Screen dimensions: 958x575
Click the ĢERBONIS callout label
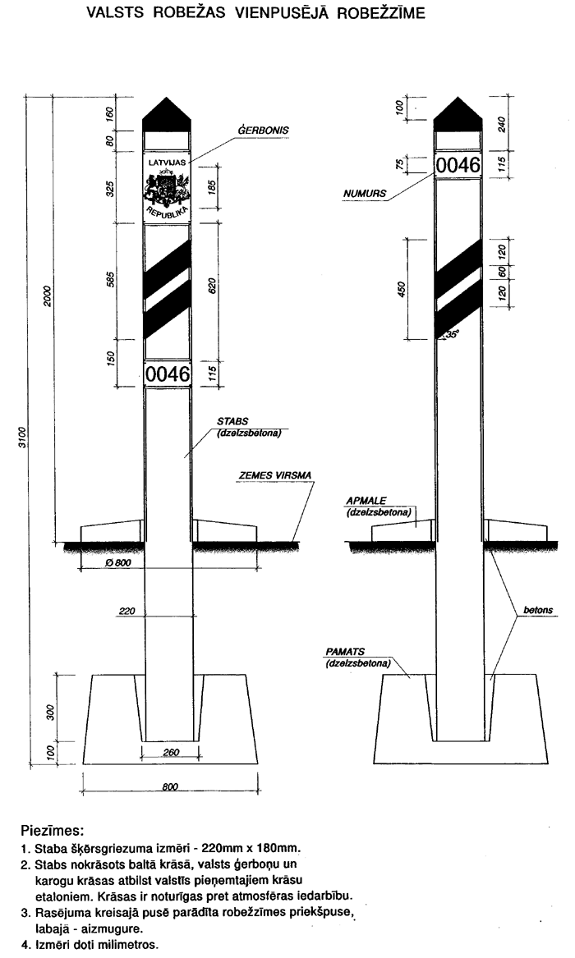[264, 130]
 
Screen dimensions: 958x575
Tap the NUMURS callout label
[365, 195]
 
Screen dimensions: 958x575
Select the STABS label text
[232, 420]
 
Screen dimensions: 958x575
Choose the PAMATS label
[345, 652]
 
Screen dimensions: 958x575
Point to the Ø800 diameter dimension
[117, 563]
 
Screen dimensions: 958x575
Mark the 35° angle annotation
[449, 334]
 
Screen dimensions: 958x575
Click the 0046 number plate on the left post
[168, 375]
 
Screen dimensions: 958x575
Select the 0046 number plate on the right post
[457, 165]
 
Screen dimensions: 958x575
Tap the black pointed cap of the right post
[457, 114]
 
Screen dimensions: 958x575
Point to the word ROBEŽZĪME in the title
[379, 14]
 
